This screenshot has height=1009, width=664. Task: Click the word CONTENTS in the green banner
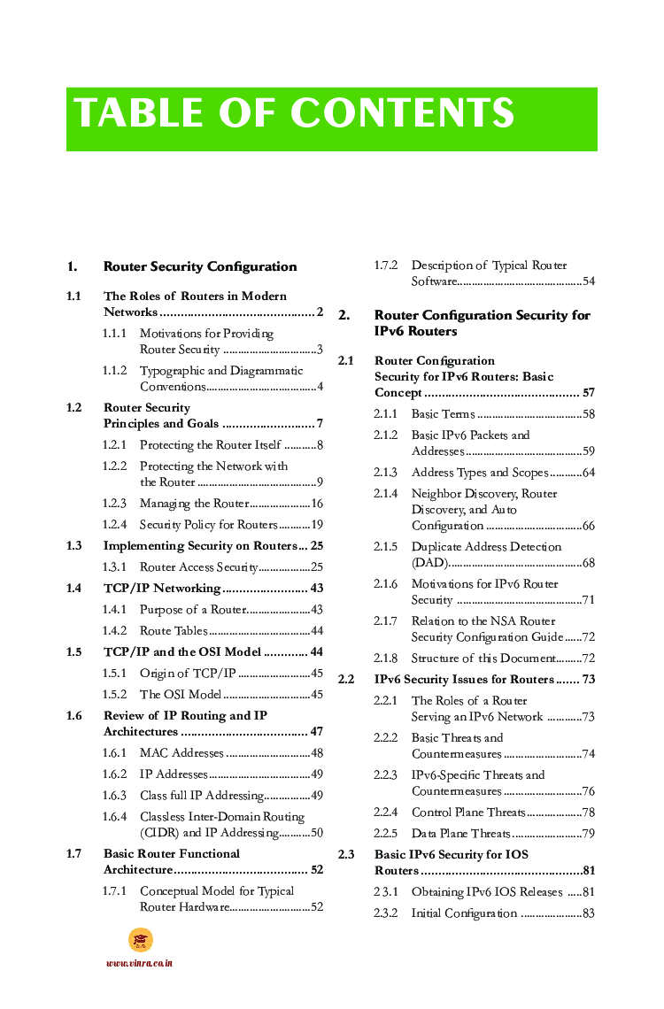pos(402,113)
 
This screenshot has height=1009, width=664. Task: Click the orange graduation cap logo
pos(141,940)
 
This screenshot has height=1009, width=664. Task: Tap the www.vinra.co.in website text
pos(139,963)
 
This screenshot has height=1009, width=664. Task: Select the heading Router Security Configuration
pos(200,266)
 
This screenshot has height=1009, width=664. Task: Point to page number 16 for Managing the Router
pos(316,504)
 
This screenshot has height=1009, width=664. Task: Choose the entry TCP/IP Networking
pos(162,589)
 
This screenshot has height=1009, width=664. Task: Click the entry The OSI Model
pos(181,695)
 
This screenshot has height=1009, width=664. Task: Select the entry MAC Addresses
pos(181,753)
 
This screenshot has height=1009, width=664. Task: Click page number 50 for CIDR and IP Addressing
pos(316,833)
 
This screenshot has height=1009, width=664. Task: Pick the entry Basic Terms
pos(443,414)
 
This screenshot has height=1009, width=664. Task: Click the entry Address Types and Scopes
pos(480,473)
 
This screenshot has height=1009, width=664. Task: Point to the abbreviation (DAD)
pos(429,563)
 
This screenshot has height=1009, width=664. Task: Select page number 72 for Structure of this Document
pos(588,659)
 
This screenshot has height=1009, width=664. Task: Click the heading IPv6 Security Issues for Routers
pos(464,680)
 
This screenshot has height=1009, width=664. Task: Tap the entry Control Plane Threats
pos(468,813)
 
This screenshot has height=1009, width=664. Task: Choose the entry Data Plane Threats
pos(460,834)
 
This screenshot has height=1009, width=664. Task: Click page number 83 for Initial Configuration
pos(588,913)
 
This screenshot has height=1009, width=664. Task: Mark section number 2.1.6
pos(385,584)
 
